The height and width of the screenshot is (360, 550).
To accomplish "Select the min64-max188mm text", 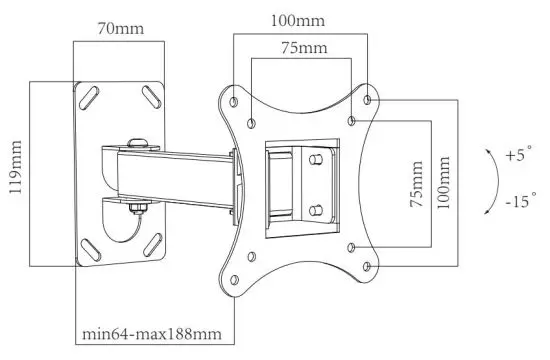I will pos(151,331).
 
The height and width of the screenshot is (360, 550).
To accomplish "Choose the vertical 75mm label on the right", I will pos(417,181).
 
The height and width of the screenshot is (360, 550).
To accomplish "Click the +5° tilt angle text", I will pos(519,156).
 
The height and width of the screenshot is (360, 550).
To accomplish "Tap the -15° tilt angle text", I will pos(519,200).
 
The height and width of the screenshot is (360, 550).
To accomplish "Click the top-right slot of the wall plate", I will pos(154,97).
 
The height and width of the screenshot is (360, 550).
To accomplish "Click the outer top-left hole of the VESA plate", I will pos(232,101).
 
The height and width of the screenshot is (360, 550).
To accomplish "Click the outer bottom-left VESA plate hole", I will pos(232,265).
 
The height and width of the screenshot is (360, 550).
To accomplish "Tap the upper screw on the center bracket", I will pos(315,158).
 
